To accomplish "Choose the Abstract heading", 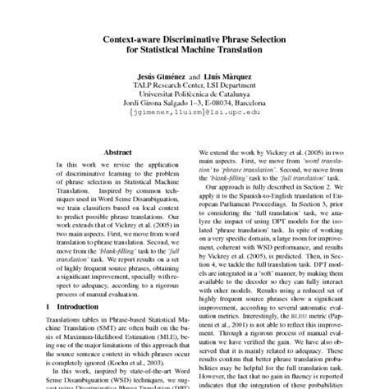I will coord(112,152).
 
